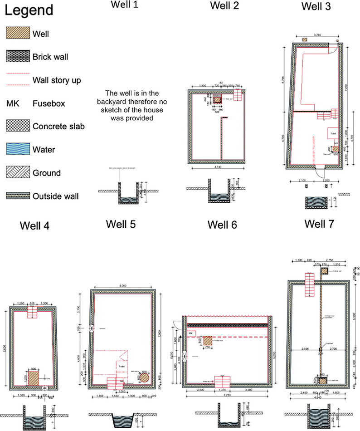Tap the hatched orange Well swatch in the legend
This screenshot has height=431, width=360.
coord(18,33)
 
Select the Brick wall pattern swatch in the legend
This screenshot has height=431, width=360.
coord(18,57)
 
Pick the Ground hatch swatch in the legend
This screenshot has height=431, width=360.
coord(18,172)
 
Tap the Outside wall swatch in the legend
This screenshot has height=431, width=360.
coord(18,196)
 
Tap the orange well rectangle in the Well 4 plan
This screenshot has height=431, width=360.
coord(34,378)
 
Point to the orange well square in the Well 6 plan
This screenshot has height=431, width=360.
coord(208,341)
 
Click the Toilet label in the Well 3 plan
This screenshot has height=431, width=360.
coord(333,134)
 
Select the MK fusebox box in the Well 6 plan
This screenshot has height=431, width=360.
coord(191,333)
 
